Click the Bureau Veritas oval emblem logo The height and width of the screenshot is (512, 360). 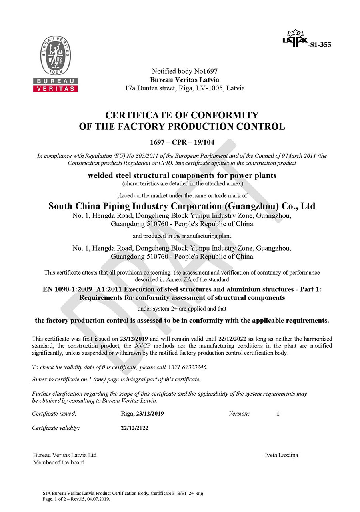tap(55, 55)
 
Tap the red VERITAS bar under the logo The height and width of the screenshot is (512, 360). tap(55, 88)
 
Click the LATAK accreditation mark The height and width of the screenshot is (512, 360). tap(295, 39)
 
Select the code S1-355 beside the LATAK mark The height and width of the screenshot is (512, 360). tap(320, 45)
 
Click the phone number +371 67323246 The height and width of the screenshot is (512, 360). tap(188, 367)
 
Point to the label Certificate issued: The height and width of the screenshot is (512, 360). tap(54, 414)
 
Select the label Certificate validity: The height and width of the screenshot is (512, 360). tap(56, 428)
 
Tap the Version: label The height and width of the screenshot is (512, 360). tap(239, 414)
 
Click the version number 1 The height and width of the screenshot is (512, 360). tap(278, 414)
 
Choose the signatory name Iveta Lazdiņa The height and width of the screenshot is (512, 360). tap(281, 455)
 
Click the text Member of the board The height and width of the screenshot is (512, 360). tap(58, 462)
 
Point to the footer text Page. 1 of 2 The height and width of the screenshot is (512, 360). tap(56, 499)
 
